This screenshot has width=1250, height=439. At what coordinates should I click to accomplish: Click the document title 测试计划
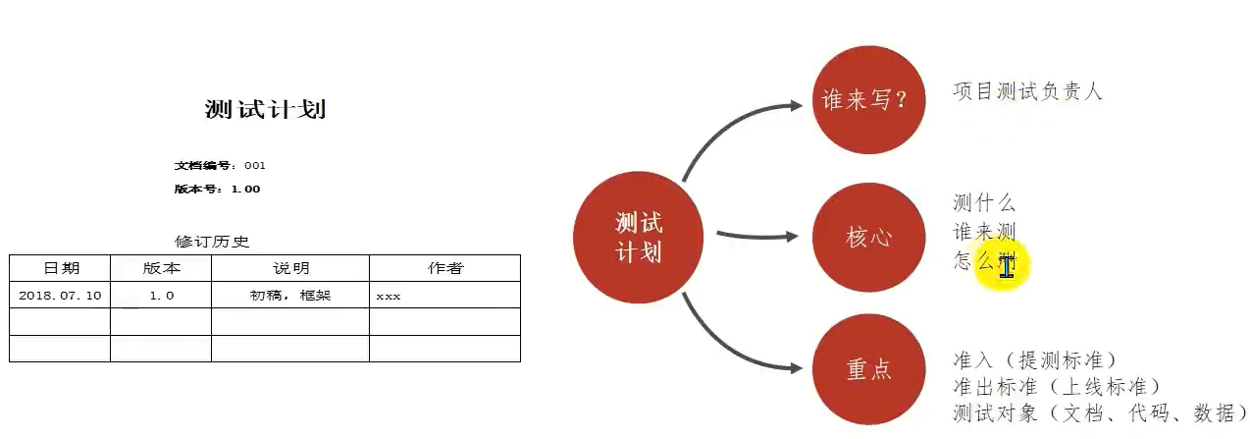265,109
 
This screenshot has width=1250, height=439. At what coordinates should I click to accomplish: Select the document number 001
255,165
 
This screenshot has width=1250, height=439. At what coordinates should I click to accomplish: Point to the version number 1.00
245,189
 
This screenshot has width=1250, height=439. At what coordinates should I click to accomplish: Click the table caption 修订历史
212,242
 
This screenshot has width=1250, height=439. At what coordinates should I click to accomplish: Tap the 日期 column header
61,268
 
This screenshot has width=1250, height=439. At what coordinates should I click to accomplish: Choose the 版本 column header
161,268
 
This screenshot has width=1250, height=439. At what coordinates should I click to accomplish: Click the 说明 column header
290,268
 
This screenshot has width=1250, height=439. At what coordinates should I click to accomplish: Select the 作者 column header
444,268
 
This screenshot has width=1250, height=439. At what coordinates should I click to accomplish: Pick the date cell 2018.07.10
60,295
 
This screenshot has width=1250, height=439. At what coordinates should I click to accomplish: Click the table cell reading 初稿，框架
290,295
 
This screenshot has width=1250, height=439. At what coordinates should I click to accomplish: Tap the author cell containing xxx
388,296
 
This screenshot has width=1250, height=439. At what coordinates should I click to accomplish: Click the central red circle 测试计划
638,237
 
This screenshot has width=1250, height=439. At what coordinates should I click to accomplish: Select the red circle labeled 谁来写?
868,98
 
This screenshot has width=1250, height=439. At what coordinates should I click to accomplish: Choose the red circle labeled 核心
868,237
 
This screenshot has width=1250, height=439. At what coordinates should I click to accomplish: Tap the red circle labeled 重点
868,369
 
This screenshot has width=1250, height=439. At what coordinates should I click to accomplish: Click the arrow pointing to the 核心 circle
755,236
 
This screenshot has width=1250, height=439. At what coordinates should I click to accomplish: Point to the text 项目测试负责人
1027,91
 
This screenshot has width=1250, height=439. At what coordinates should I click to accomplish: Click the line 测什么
984,203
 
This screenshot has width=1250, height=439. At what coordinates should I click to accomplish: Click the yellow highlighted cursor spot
1003,265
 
